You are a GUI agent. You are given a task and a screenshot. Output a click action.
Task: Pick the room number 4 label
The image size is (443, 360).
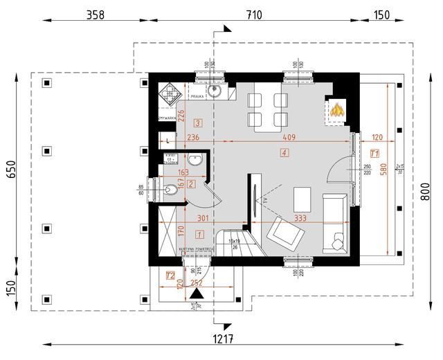tap(284, 152)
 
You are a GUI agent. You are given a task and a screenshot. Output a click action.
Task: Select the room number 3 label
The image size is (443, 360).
tap(198, 123)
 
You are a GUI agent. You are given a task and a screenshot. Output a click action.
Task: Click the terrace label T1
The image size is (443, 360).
tap(374, 152)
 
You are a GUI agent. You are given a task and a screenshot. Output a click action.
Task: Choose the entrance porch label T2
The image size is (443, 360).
tap(169, 276)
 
